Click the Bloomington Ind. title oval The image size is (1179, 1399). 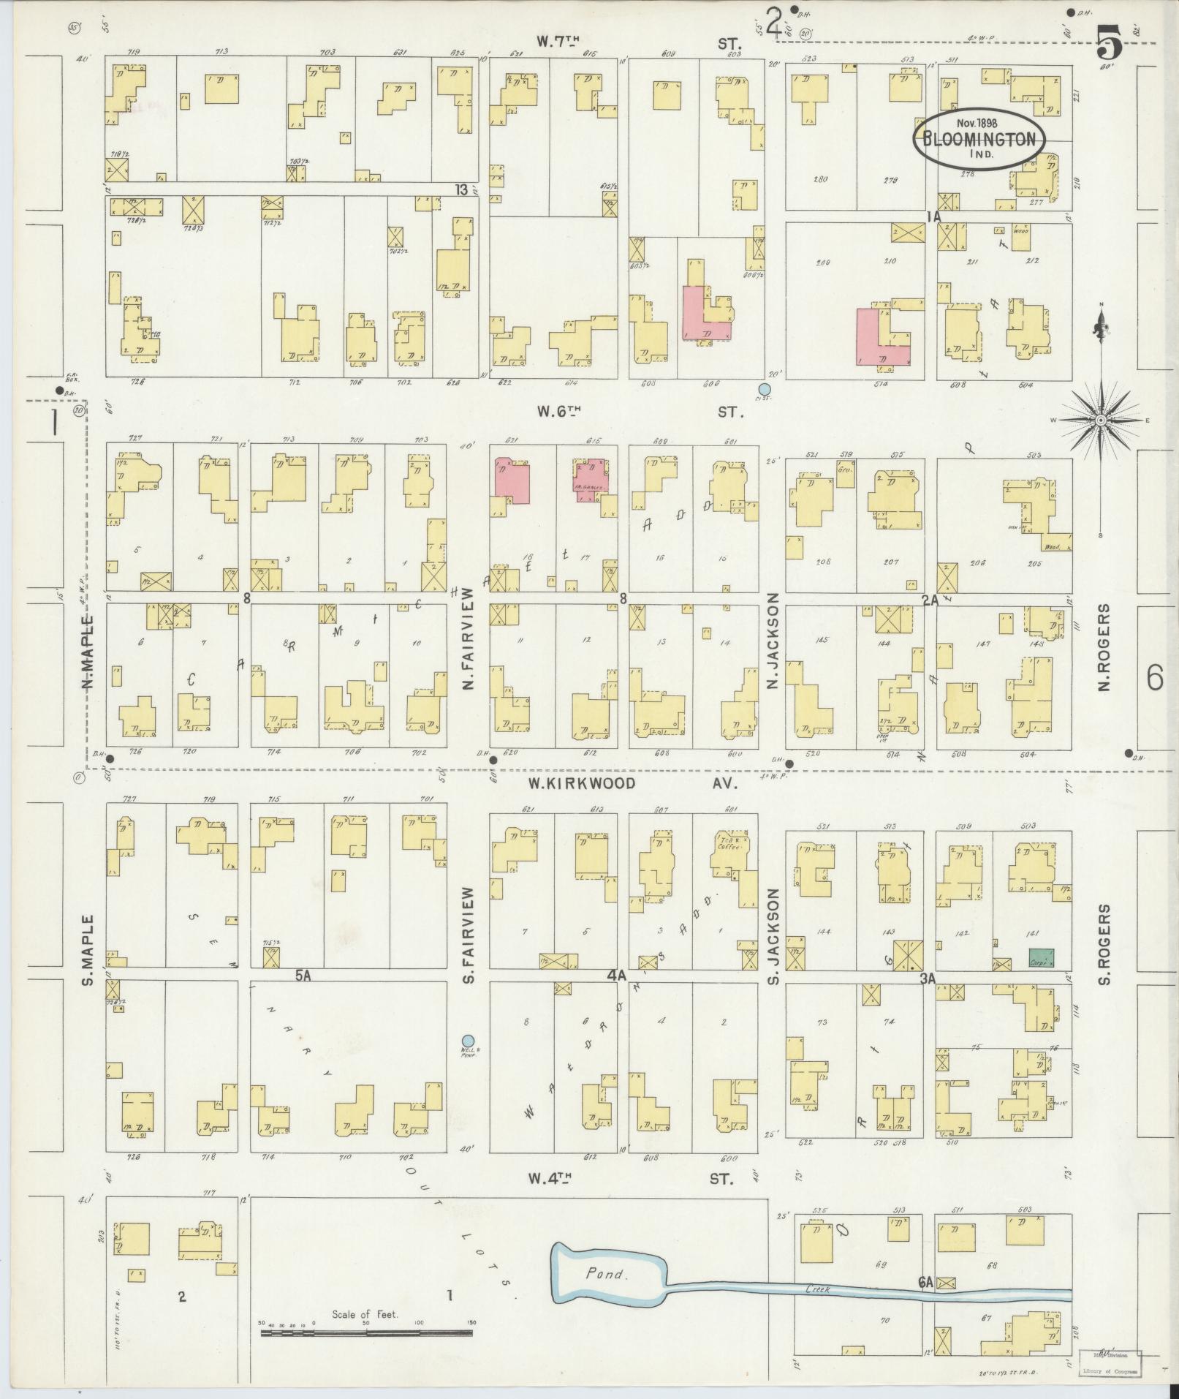tap(979, 140)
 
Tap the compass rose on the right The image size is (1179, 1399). tap(1099, 421)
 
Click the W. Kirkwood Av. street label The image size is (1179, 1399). tap(632, 783)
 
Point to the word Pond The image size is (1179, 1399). tap(606, 762)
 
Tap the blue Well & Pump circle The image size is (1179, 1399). tap(468, 1041)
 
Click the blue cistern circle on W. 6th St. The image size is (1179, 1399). tap(765, 389)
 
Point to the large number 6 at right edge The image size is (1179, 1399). tap(1154, 679)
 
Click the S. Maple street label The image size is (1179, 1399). tap(88, 949)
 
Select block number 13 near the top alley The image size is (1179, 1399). tap(460, 190)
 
